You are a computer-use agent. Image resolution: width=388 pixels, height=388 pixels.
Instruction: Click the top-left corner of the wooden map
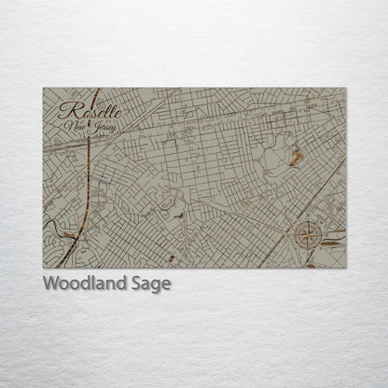(43, 89)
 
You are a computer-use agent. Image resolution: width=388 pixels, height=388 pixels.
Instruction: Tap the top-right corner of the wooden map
(346, 89)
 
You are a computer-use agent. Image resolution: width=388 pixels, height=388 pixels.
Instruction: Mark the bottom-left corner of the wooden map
(43, 268)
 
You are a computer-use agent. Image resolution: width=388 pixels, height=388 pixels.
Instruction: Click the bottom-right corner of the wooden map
(346, 268)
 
